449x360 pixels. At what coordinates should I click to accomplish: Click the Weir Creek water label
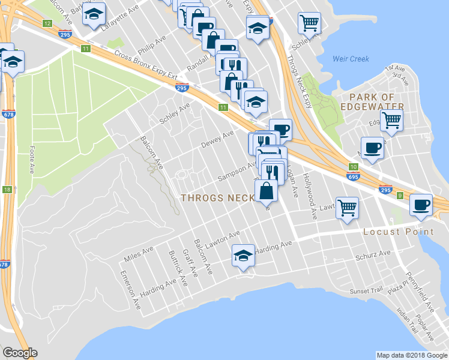pos(351,59)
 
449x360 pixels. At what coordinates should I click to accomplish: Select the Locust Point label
pos(398,232)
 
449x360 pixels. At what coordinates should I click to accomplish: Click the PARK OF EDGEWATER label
pos(376,102)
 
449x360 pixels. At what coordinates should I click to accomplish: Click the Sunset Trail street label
pos(366,291)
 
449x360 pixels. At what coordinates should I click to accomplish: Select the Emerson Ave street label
pos(130,291)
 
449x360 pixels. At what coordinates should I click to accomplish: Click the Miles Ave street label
pos(139,254)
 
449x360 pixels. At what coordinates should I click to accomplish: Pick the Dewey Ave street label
pos(217,140)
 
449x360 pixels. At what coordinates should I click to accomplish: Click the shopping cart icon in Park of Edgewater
pos(391,119)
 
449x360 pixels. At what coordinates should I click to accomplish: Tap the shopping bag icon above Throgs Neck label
pos(267,191)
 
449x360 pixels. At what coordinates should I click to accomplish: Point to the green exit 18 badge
pos(7,190)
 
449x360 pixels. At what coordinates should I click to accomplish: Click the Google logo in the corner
pos(20,353)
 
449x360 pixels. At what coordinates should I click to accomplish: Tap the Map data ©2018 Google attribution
pos(412,355)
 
